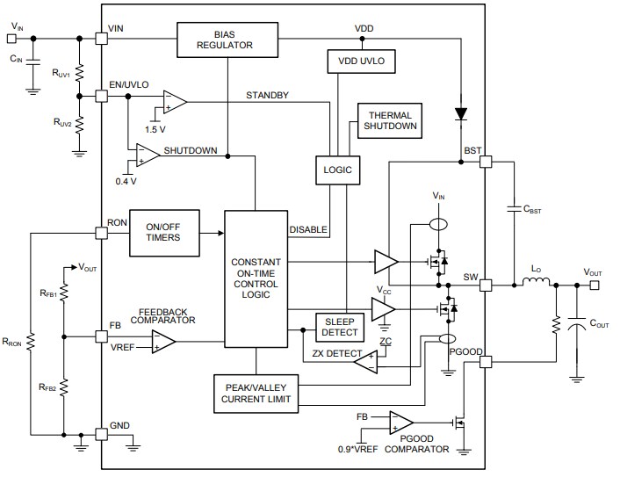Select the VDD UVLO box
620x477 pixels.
pos(362,61)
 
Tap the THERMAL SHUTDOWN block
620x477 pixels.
pos(390,121)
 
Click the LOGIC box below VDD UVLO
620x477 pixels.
pos(338,170)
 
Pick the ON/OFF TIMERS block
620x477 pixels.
pos(164,232)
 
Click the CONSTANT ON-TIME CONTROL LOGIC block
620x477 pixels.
pos(256,278)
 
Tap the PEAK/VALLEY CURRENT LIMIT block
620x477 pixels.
pos(256,393)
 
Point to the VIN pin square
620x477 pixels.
pos(101,39)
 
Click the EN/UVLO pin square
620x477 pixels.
pos(101,94)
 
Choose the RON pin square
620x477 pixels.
pos(101,233)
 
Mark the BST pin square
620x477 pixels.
pos(485,163)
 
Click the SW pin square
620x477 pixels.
pos(485,285)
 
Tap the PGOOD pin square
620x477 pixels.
pos(485,360)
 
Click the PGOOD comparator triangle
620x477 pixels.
pos(402,423)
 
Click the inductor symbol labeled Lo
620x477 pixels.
pos(536,283)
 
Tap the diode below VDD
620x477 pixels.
pos(461,113)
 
